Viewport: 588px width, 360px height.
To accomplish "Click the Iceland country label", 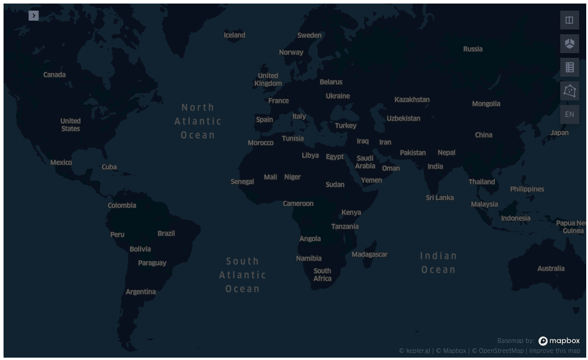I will point(234,35).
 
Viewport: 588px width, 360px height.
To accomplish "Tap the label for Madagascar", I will point(370,254).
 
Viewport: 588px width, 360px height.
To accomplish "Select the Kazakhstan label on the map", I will point(412,100).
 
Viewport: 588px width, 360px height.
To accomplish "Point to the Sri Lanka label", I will point(440,198).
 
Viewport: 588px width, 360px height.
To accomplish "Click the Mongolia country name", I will point(486,104).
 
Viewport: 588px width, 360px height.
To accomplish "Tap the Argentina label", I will point(141,292).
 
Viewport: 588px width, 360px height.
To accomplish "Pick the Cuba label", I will point(109,167).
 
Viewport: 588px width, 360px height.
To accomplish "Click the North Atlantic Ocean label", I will point(198,122).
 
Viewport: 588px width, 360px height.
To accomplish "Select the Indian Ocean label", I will point(438,263).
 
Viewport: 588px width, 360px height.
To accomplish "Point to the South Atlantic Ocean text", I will point(242,275).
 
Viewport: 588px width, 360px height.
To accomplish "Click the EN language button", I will point(569,114).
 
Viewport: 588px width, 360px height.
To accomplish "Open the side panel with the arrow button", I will point(34,15).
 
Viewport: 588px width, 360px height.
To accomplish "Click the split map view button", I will point(569,20).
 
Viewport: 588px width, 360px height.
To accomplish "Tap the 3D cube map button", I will point(569,44).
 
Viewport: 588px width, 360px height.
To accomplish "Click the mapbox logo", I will point(559,341).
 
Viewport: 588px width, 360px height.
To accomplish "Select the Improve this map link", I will point(554,351).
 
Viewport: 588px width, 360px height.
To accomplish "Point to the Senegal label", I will point(242,182).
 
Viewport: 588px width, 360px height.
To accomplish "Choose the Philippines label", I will point(527,189).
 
